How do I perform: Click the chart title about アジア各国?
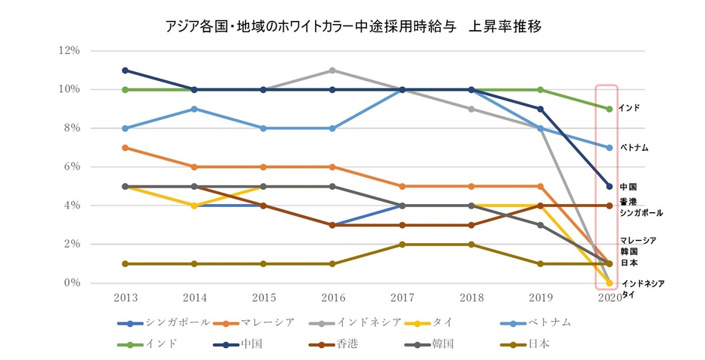tap(352, 26)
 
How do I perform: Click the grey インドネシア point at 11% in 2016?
tap(333, 70)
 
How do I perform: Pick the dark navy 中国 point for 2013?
tap(125, 70)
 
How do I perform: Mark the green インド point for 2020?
tap(609, 109)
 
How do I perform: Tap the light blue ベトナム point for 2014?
tap(195, 109)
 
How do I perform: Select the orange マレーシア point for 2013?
tap(125, 148)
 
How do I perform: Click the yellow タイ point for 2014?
tap(195, 205)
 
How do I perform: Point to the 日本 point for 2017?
tap(402, 244)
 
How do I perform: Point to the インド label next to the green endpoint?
tap(628, 109)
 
